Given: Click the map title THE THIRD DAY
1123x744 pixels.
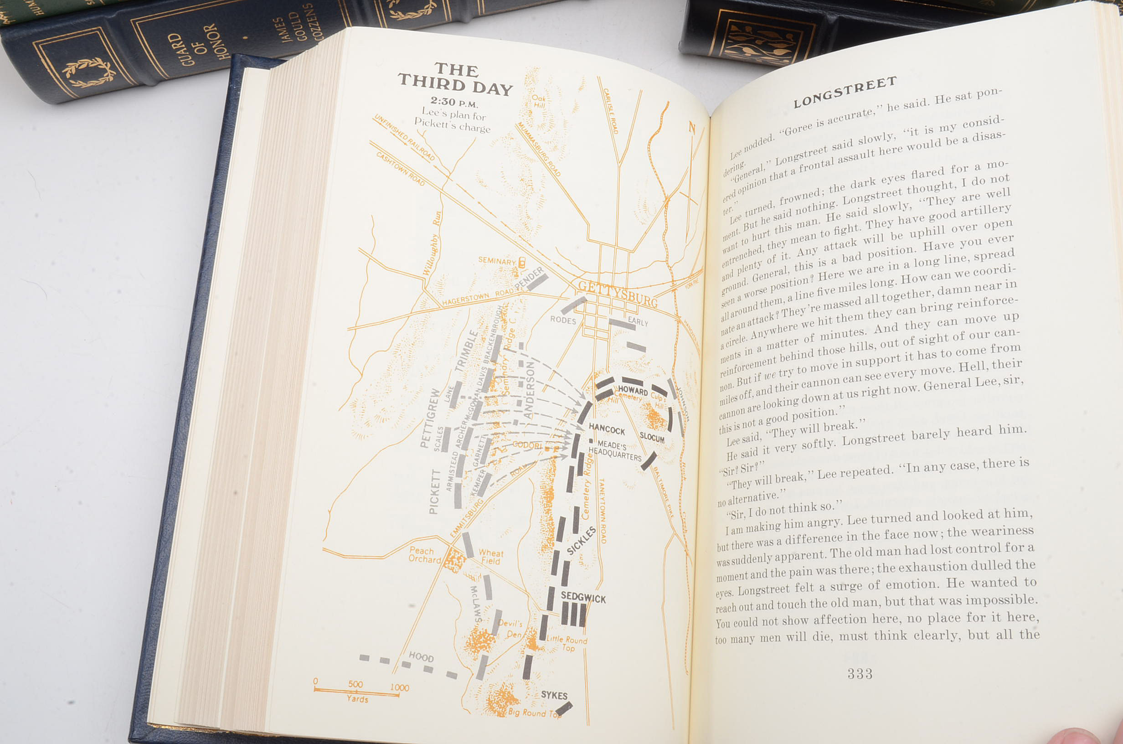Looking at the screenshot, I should click(x=455, y=79).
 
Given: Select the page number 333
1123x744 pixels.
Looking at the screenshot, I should click(x=859, y=674).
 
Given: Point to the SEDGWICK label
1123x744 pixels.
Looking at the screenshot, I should click(x=583, y=597).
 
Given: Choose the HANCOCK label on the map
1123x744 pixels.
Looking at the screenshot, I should click(x=607, y=429).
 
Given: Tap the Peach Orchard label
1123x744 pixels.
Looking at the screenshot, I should click(x=424, y=555).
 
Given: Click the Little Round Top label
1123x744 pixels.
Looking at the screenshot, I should click(x=567, y=643).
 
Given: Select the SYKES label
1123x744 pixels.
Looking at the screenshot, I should click(x=554, y=695).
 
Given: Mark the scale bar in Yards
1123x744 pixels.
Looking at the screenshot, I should click(x=356, y=693).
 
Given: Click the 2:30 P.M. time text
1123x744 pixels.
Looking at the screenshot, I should click(x=454, y=102).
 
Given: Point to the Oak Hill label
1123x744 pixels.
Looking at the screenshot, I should click(x=539, y=101).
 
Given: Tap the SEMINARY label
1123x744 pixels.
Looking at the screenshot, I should click(x=496, y=261).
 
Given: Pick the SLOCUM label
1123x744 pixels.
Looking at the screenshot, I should click(x=652, y=437).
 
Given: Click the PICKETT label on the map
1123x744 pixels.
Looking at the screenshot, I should click(x=434, y=491).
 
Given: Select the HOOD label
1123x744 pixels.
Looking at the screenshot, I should click(x=421, y=657).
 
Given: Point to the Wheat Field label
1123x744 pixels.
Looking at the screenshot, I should click(x=491, y=557).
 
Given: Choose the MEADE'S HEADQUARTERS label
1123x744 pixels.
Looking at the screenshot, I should click(x=614, y=450).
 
